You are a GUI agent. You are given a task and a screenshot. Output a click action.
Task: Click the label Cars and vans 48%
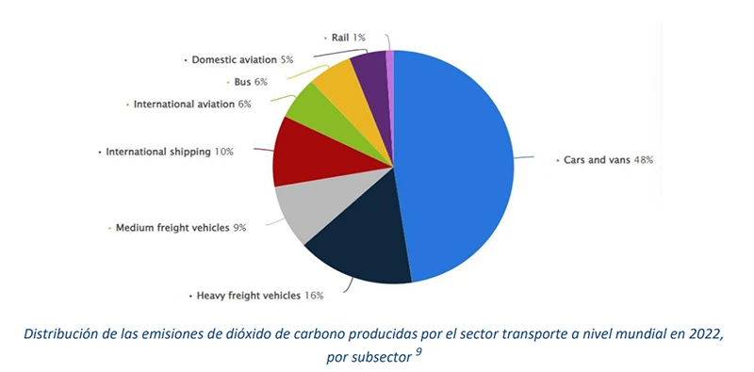607,160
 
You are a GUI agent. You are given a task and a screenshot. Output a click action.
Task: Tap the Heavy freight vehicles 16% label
259,295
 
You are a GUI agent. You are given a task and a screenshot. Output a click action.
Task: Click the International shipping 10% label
169,151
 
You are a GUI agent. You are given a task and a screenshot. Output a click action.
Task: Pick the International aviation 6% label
191,104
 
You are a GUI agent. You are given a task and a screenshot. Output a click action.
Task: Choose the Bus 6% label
250,82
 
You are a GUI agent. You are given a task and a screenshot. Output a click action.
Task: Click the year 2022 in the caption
701,333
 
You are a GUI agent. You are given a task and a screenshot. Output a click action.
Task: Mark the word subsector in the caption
383,357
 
